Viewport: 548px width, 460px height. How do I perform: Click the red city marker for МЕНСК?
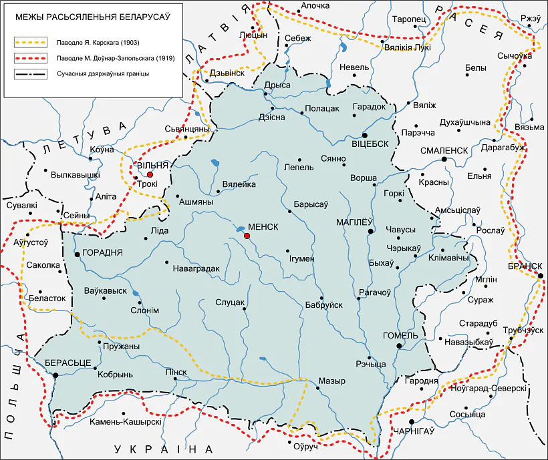(x=247, y=236)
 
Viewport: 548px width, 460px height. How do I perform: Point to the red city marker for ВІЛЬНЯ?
(x=140, y=174)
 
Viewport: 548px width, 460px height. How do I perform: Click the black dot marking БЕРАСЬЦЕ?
(x=55, y=375)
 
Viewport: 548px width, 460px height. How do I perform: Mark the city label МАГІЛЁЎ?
(x=352, y=222)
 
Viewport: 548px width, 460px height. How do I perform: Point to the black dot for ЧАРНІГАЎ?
(x=412, y=421)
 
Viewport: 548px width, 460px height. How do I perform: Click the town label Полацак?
(x=322, y=107)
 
